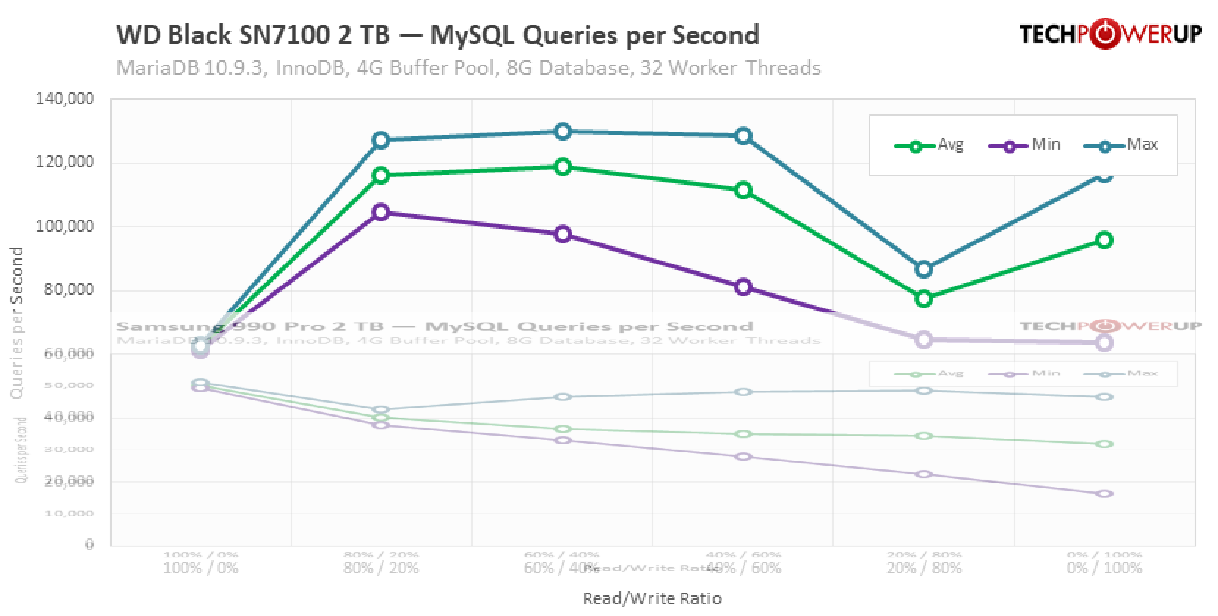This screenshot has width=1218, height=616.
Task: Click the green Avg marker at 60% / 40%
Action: (x=563, y=166)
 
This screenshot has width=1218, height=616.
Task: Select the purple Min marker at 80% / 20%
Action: (x=381, y=212)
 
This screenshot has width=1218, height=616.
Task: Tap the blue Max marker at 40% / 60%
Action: (x=743, y=136)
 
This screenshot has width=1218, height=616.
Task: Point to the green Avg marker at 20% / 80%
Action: (x=924, y=298)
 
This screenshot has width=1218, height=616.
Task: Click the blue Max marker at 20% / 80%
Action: (x=924, y=269)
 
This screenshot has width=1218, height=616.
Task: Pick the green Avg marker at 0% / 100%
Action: (x=1104, y=240)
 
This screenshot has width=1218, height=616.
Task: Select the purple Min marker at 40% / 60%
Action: (x=743, y=287)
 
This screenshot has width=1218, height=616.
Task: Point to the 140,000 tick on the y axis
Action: (x=65, y=99)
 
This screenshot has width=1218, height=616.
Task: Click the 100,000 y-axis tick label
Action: (x=65, y=227)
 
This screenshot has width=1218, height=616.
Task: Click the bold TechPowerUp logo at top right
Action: (x=1110, y=34)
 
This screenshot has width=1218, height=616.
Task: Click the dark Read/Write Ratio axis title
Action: (x=652, y=599)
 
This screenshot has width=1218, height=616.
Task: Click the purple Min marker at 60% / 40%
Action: (x=563, y=234)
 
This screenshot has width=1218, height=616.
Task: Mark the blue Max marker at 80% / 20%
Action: (x=381, y=140)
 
